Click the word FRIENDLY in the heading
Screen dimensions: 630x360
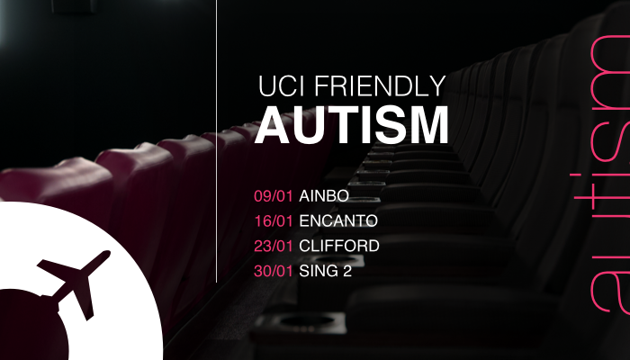[380, 86]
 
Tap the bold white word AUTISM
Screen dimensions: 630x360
[352, 125]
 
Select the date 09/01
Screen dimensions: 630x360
[274, 196]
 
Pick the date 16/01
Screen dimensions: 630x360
[274, 221]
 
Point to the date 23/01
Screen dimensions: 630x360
[274, 246]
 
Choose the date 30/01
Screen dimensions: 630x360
[274, 271]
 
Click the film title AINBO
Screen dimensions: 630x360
[324, 196]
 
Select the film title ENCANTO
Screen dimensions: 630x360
[338, 221]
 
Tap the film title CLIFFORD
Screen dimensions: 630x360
[339, 246]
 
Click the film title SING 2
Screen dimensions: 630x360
[326, 271]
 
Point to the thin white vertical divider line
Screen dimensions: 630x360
[217, 141]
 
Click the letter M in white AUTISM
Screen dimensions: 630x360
[431, 125]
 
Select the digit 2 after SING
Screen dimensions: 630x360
[347, 271]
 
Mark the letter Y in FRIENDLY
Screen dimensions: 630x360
[436, 86]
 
